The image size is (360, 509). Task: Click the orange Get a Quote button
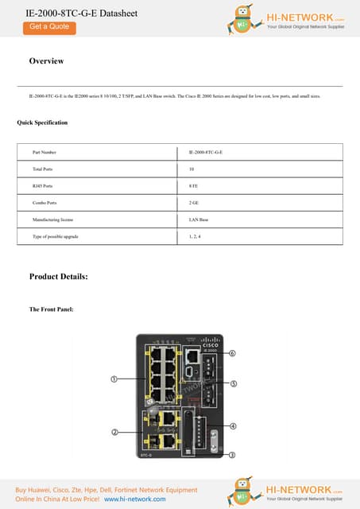point(49,27)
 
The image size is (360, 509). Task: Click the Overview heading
point(46,61)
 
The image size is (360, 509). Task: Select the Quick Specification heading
point(42,122)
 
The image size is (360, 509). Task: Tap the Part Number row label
point(45,151)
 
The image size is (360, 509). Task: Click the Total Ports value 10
point(192,169)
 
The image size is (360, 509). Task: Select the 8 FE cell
point(194,186)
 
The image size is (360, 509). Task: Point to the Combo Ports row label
point(45,203)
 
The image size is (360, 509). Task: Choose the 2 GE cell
point(194,203)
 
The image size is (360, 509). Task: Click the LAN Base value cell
point(199,220)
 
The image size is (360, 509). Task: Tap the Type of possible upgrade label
point(56,237)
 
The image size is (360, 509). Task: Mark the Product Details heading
point(58,277)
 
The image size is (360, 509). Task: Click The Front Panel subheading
point(52,309)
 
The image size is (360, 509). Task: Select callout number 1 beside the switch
point(114,380)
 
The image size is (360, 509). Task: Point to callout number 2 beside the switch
point(114,432)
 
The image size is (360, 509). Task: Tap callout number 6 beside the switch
point(233,352)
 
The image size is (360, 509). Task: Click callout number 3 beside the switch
point(233,455)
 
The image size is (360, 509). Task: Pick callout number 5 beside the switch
point(233,383)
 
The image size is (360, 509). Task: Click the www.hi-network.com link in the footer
point(134,499)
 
